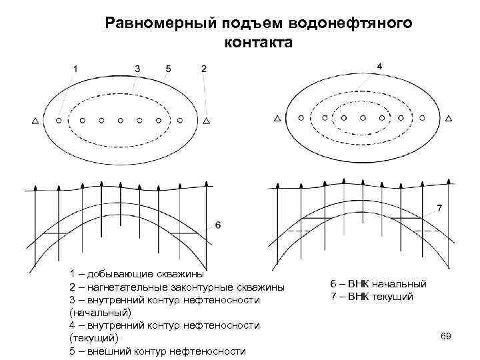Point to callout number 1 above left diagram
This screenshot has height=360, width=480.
(75, 68)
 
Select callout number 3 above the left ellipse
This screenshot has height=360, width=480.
(137, 68)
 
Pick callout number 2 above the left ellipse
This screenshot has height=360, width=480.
(203, 68)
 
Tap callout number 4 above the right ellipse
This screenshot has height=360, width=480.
(379, 66)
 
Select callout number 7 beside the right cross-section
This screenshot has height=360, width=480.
(439, 208)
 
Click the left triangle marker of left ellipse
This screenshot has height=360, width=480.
(35, 121)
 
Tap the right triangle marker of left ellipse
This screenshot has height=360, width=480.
(207, 121)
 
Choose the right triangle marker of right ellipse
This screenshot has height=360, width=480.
(449, 118)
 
